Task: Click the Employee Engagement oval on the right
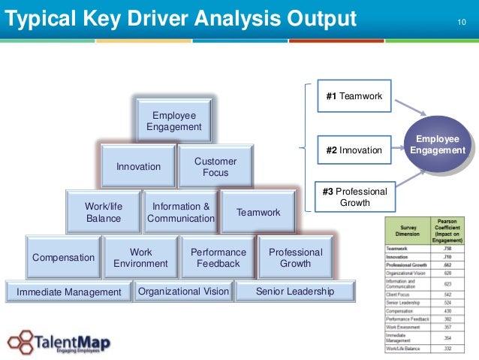click(438, 144)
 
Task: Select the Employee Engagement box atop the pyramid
click(173, 121)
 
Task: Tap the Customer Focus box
click(215, 167)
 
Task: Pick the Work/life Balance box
click(104, 212)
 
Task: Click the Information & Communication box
click(181, 212)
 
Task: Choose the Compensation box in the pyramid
click(64, 258)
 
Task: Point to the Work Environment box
click(140, 258)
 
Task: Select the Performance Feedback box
click(218, 258)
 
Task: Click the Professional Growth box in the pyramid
click(295, 258)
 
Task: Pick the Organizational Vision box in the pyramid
click(183, 291)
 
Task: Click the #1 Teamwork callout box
click(354, 97)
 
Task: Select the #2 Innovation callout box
click(354, 150)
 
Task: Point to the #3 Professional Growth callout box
click(354, 197)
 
